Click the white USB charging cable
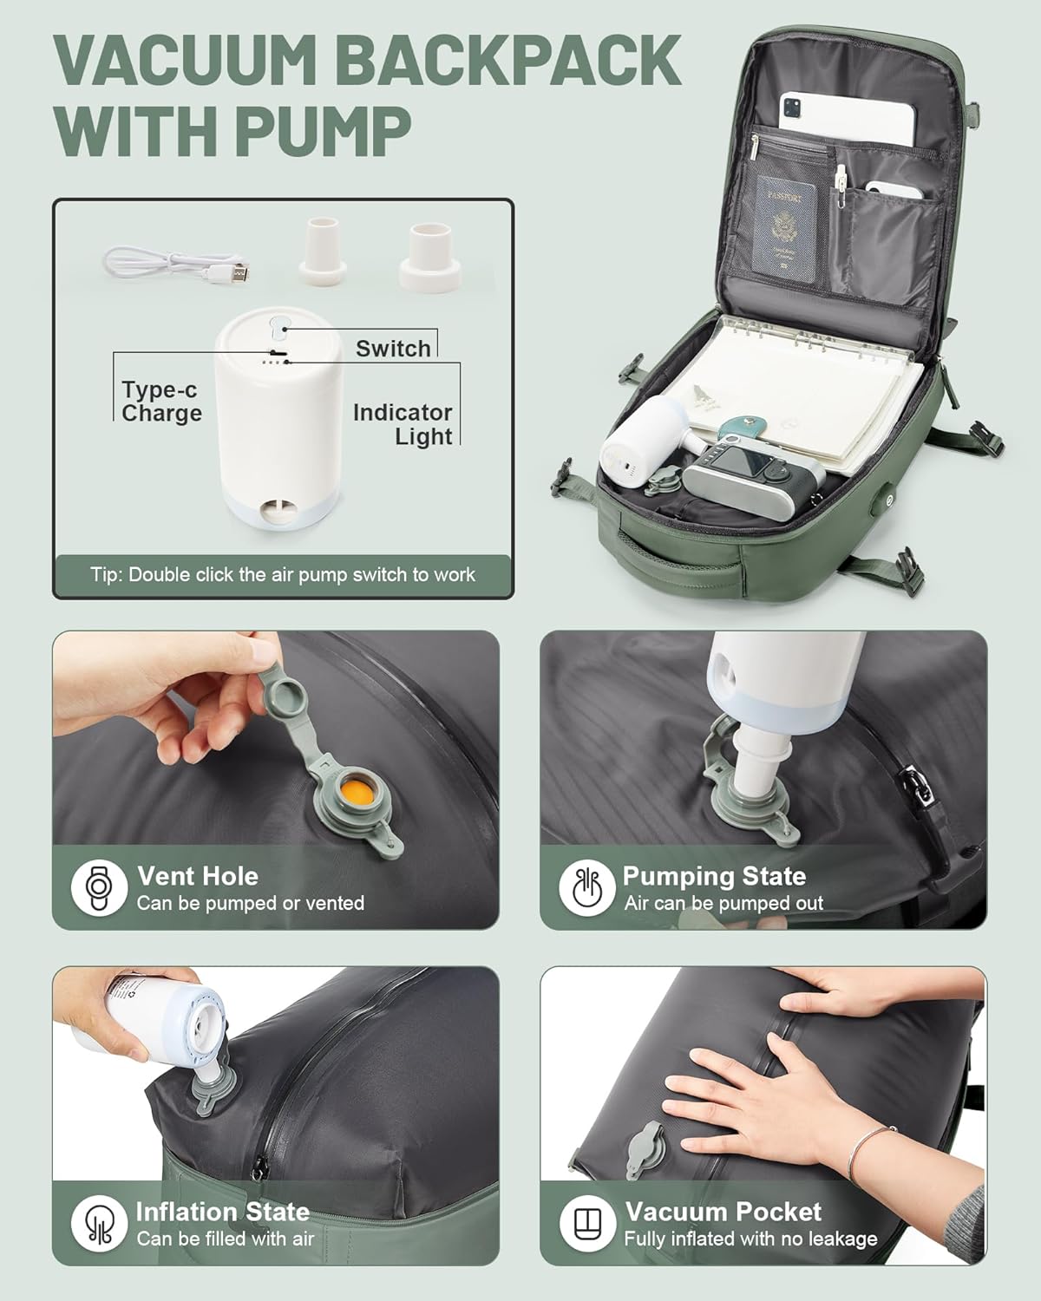173,261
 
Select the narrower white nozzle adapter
323,253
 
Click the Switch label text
393,349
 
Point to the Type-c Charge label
161,402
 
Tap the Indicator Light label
403,424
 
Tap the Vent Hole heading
197,876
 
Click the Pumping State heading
713,876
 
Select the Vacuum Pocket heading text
723,1212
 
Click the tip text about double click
283,575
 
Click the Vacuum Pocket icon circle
587,1223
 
